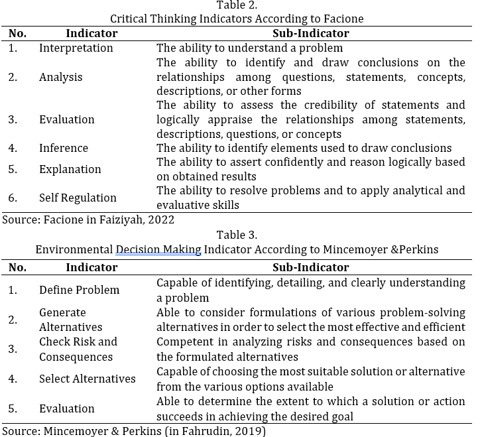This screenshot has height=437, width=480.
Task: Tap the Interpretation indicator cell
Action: pyautogui.click(x=76, y=48)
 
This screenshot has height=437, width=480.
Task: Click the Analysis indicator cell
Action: pyautogui.click(x=61, y=77)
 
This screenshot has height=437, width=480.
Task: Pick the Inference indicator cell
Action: pyautogui.click(x=64, y=148)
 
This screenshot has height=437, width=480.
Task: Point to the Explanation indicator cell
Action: pyautogui.click(x=70, y=169)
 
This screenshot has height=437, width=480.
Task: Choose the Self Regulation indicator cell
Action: pyautogui.click(x=78, y=198)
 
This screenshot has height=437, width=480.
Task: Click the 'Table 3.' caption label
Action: pyautogui.click(x=237, y=235)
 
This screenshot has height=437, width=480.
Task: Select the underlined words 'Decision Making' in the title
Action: pyautogui.click(x=158, y=249)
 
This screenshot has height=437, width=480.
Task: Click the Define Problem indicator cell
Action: pyautogui.click(x=80, y=290)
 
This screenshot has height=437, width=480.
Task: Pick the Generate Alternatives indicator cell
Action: pyautogui.click(x=71, y=320)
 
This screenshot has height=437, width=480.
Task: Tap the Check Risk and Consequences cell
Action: pyautogui.click(x=78, y=349)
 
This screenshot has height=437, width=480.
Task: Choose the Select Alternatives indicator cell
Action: pyautogui.click(x=88, y=379)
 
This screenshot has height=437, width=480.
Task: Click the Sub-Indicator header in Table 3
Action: pyautogui.click(x=310, y=268)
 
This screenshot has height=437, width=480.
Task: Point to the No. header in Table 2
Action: pyautogui.click(x=17, y=33)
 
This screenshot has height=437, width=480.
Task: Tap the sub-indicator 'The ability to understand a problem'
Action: pyautogui.click(x=249, y=48)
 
